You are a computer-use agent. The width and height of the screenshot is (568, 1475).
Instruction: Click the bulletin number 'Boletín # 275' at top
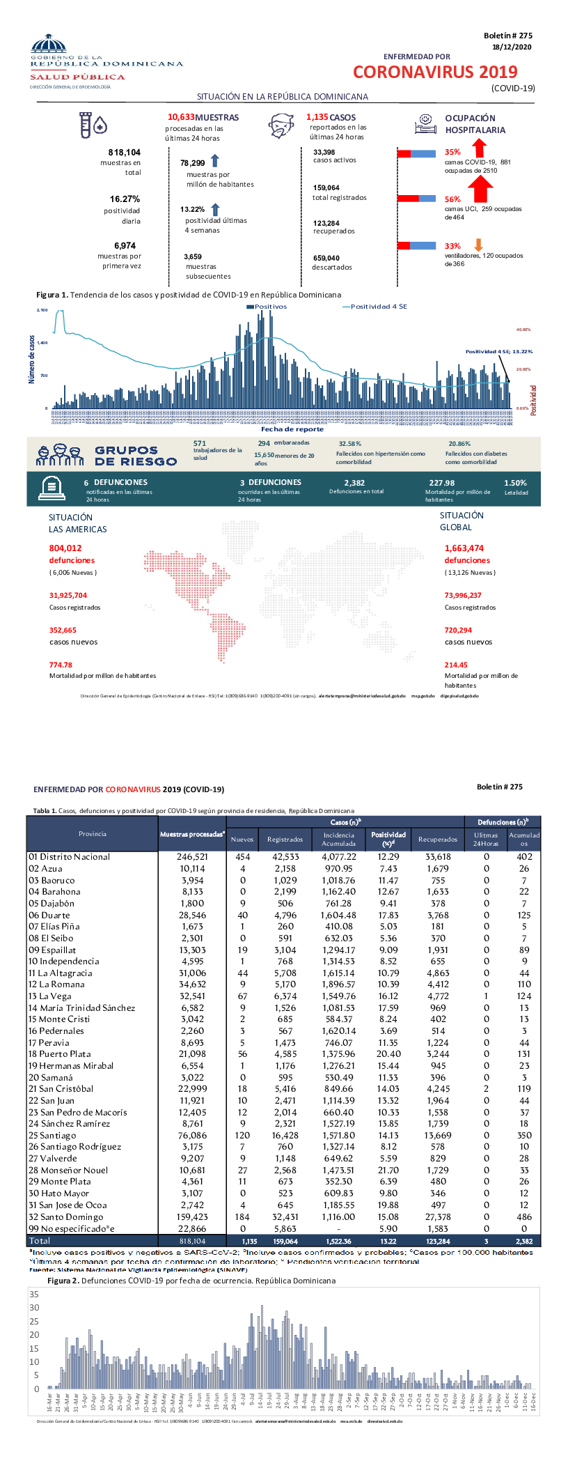(507, 36)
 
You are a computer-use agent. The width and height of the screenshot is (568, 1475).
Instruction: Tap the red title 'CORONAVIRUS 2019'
(435, 72)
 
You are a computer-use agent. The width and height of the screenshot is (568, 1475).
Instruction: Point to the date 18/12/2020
(512, 47)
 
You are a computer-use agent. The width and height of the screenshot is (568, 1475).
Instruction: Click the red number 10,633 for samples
(181, 117)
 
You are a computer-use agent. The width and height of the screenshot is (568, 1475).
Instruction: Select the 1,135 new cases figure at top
(317, 117)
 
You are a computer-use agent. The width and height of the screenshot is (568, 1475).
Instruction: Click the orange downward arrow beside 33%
(478, 245)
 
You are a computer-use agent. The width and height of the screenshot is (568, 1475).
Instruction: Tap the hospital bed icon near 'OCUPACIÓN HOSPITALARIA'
(425, 123)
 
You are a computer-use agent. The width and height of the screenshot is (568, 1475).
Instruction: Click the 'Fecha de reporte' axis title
(292, 429)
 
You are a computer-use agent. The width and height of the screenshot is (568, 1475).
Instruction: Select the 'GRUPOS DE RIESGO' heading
(136, 456)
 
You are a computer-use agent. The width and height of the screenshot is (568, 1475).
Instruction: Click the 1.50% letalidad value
(515, 482)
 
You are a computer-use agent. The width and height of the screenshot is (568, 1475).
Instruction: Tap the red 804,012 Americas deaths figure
(65, 548)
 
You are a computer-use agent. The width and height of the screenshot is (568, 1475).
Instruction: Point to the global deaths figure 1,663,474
(464, 548)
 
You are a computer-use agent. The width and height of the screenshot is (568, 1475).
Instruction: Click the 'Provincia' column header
(93, 833)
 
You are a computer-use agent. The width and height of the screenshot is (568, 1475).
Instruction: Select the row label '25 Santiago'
(52, 1135)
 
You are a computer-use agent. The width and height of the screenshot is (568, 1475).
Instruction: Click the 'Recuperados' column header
(438, 839)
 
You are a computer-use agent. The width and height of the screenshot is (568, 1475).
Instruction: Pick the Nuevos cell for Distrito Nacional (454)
(242, 856)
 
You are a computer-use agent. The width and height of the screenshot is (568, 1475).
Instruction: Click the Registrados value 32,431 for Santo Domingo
(285, 1217)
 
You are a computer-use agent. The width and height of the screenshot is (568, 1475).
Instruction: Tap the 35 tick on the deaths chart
(34, 1294)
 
